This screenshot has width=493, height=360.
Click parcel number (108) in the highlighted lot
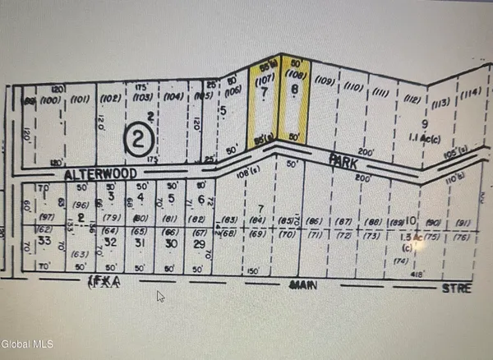[x=295, y=80]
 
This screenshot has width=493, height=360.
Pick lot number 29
[x=198, y=245]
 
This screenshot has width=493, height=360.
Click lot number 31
[x=141, y=242]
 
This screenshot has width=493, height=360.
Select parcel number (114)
[x=470, y=93]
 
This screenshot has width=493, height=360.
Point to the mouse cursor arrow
[x=160, y=296]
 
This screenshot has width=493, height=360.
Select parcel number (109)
[x=325, y=81]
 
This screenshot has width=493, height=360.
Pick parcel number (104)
[x=173, y=96]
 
